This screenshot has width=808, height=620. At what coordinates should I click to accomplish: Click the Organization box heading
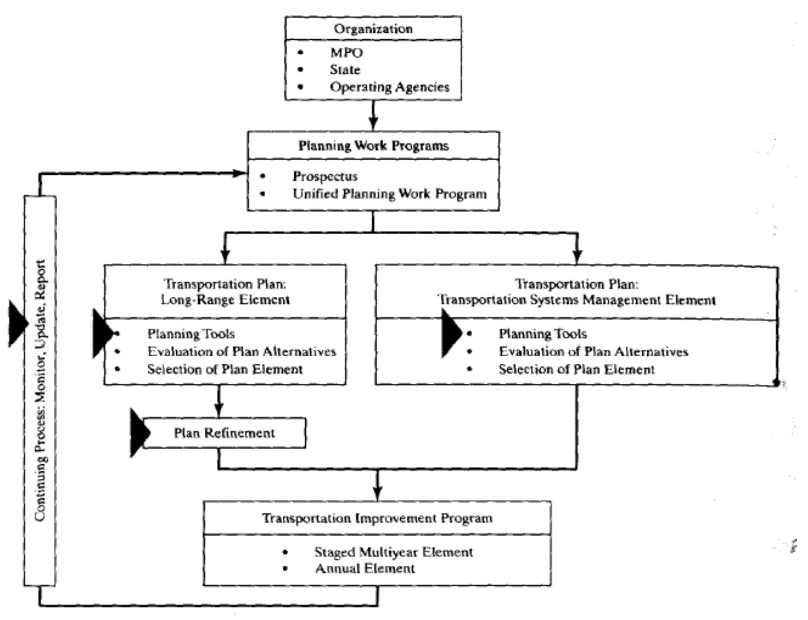pos(373,29)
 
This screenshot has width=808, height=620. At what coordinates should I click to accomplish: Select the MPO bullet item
pos(346,52)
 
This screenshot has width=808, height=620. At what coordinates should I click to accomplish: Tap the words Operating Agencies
pos(389,87)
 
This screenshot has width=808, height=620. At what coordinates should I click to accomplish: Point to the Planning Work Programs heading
pos(373,146)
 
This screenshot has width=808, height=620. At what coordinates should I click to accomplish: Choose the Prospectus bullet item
pos(325,176)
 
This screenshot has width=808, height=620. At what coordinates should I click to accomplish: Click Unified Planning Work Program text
pos(390,194)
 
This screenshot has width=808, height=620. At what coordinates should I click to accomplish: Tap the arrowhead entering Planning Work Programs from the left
pos(240,173)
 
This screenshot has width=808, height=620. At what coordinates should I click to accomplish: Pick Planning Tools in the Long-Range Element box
pos(191,334)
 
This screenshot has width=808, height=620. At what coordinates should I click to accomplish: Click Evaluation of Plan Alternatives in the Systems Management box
pos(593,351)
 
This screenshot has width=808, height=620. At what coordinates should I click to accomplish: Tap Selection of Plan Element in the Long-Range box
pos(224,369)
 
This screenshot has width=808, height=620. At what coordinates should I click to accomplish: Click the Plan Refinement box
pos(224,433)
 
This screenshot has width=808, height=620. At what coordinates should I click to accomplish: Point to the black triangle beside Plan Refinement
pos(139,433)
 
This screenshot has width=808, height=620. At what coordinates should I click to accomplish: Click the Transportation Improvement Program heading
pos(377,518)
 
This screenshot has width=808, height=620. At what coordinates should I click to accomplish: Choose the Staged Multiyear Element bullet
pos(393,552)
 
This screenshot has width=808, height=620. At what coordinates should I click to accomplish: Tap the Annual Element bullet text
pos(365,569)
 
